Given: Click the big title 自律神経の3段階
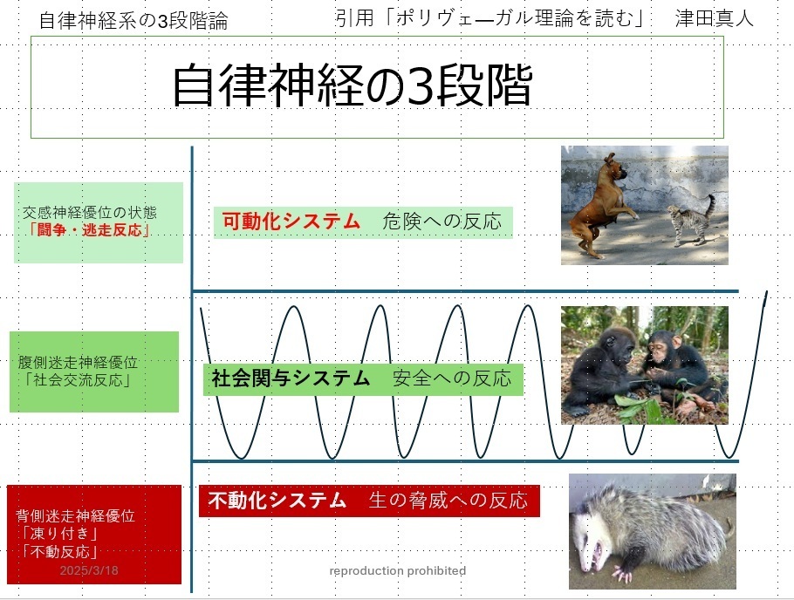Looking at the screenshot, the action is pos(353,85).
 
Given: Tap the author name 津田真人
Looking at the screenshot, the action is pos(714,18).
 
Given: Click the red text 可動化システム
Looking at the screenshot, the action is pos(291,222).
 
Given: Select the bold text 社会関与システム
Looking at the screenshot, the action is pos(291,378).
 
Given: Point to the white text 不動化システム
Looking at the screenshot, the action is pos(277,501).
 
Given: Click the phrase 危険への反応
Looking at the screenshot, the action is pos(442,222).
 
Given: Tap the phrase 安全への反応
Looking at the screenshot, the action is pos(452,378).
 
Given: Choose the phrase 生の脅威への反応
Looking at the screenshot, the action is pos(448,501).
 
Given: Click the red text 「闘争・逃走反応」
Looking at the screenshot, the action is pos(90,230).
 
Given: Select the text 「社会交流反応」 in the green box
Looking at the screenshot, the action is pos(78,379).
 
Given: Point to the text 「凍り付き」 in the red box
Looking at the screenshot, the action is pos(58,533).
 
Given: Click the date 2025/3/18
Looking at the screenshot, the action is pos(89,570).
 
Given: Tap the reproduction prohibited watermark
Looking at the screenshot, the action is pos(398,571).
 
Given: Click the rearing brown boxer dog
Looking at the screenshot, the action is pos(599,205).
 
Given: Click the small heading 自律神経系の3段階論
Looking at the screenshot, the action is pos(133,21).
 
